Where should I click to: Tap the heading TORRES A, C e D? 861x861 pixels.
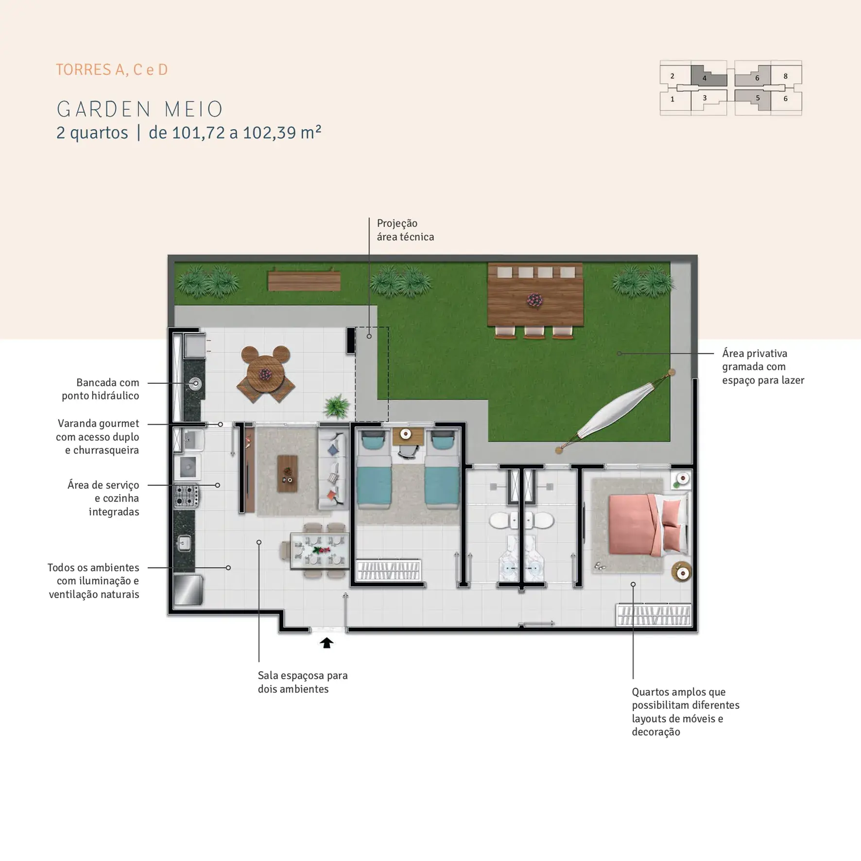pyautogui.click(x=112, y=70)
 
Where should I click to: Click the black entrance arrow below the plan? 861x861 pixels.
pyautogui.click(x=327, y=643)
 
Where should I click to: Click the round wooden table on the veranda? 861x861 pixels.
pyautogui.click(x=265, y=374)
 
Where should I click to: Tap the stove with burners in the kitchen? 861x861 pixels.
pyautogui.click(x=187, y=496)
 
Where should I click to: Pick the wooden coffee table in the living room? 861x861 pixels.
pyautogui.click(x=287, y=474)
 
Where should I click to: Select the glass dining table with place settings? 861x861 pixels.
pyautogui.click(x=320, y=551)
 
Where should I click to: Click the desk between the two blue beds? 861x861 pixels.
pyautogui.click(x=408, y=436)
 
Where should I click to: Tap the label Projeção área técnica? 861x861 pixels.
pyautogui.click(x=405, y=230)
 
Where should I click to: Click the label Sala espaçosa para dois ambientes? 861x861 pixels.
pyautogui.click(x=303, y=682)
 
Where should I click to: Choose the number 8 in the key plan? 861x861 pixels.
pyautogui.click(x=786, y=76)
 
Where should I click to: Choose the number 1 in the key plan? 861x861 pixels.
pyautogui.click(x=672, y=99)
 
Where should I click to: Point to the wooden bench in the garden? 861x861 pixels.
pyautogui.click(x=304, y=280)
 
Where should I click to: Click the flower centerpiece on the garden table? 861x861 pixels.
pyautogui.click(x=535, y=300)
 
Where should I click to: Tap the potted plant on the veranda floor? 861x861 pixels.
pyautogui.click(x=336, y=406)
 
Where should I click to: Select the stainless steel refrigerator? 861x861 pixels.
pyautogui.click(x=188, y=590)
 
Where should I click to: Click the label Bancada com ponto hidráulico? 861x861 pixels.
pyautogui.click(x=100, y=389)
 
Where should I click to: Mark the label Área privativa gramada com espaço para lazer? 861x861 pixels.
pyautogui.click(x=763, y=367)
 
